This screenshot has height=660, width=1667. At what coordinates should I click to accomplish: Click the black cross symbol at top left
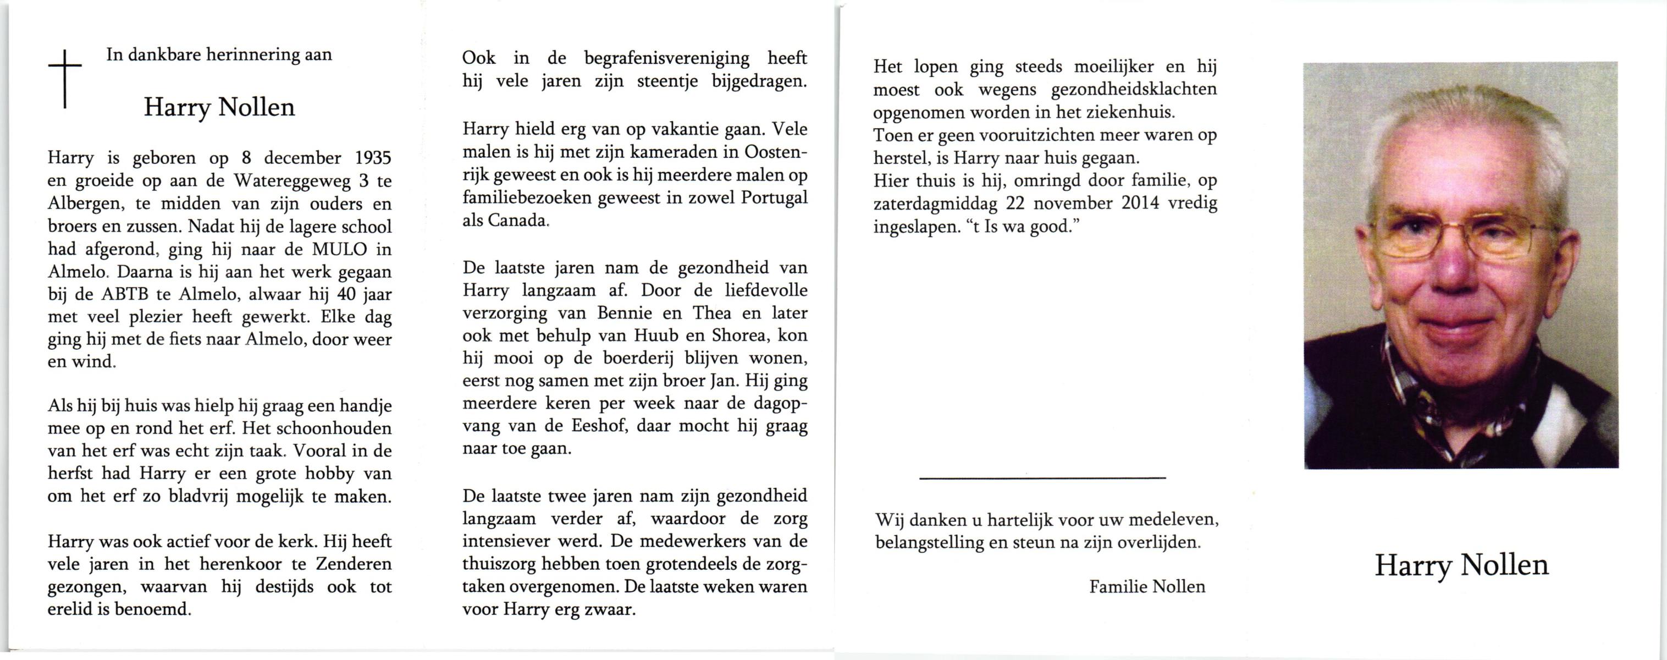pos(65,80)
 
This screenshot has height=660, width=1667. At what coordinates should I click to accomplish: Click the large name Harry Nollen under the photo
pos(1461,565)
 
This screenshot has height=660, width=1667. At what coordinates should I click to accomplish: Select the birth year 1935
pos(373,158)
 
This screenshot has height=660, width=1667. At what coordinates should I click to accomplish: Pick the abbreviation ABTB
pos(125,294)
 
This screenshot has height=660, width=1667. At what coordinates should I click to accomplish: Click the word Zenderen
pos(354,564)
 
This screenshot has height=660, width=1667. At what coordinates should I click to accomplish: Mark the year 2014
pos(1140,203)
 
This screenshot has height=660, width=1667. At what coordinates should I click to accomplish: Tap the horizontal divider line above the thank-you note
pos(1042,478)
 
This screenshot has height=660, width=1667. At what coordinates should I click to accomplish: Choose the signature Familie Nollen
pos(1147,587)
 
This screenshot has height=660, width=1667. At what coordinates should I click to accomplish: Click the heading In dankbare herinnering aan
pos(219,54)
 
